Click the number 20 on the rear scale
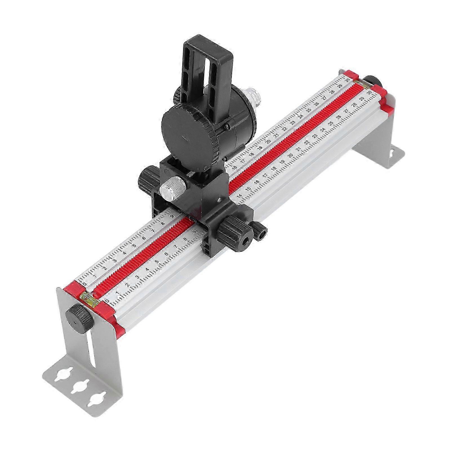[x=268, y=142]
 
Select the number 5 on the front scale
[x=157, y=261]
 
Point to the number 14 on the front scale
[x=239, y=196]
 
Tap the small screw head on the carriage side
[x=219, y=201]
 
